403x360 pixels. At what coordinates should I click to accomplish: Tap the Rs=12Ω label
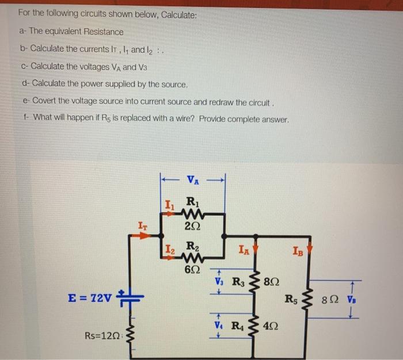pos(103,335)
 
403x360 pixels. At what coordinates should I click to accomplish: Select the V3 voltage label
pos(219,282)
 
